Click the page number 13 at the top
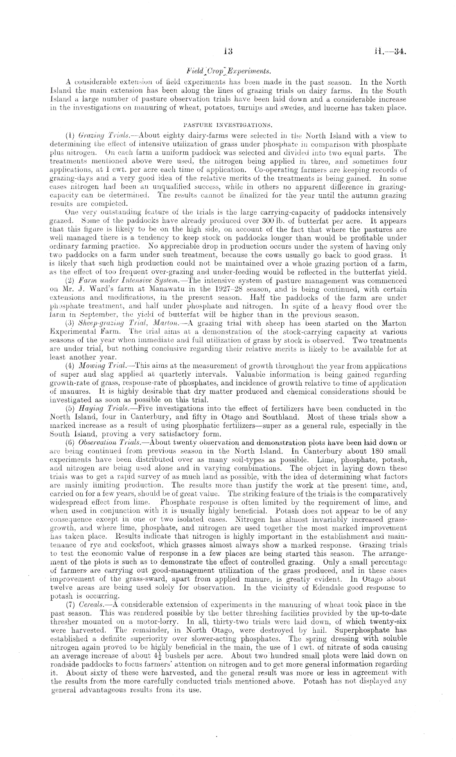click(228, 52)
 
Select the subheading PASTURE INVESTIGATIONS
click(228, 124)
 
